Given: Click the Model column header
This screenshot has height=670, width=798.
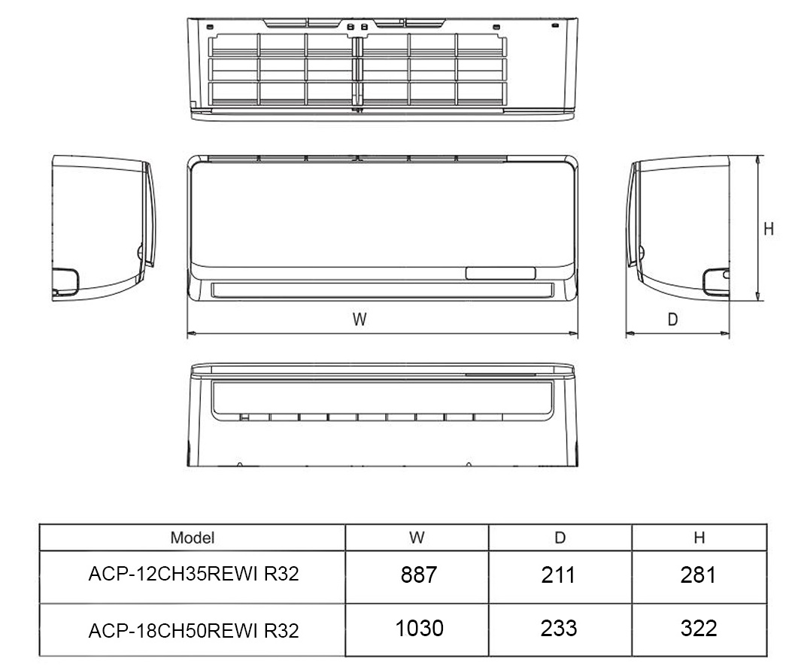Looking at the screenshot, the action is (193, 538).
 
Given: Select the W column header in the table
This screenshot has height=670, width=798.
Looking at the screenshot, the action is (417, 538).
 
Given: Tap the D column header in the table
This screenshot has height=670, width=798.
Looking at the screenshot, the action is (560, 538).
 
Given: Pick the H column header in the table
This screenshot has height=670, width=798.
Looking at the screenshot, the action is (699, 538).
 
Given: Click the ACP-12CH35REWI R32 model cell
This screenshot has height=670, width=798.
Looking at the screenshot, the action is (193, 574).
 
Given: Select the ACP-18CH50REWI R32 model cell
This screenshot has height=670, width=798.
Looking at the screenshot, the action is (193, 631).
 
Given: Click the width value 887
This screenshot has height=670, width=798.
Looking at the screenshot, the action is (419, 575).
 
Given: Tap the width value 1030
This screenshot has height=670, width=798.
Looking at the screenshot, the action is (420, 629).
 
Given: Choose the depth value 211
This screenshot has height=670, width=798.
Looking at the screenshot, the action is (558, 575).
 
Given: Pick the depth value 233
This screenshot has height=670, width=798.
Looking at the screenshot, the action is (559, 629).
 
